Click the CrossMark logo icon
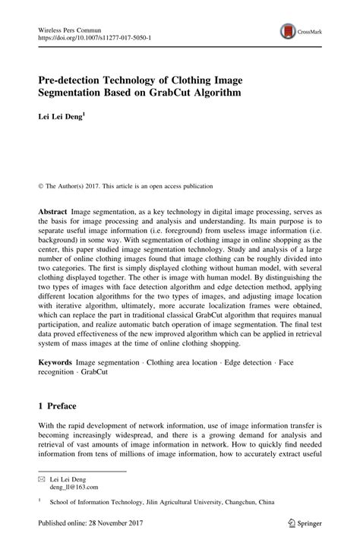pos(288,31)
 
